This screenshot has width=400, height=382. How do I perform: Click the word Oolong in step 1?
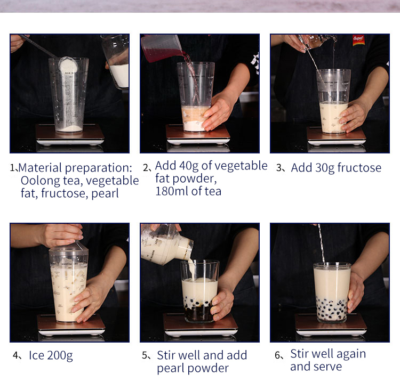tap(41, 181)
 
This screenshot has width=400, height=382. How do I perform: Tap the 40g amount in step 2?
tap(189, 166)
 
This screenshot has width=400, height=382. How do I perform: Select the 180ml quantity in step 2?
tap(172, 191)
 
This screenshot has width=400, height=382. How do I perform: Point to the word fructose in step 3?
tap(359, 168)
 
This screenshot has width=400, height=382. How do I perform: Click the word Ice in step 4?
tap(36, 355)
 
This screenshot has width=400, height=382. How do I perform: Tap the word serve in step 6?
tap(327, 367)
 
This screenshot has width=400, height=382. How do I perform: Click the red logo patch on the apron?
tap(358, 40)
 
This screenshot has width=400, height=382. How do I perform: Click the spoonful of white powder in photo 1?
tap(68, 64)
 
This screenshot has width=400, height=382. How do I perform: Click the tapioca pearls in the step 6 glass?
tap(332, 309)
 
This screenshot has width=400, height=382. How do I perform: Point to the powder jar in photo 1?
tap(116, 61)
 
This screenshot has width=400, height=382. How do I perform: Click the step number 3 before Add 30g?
tap(279, 168)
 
